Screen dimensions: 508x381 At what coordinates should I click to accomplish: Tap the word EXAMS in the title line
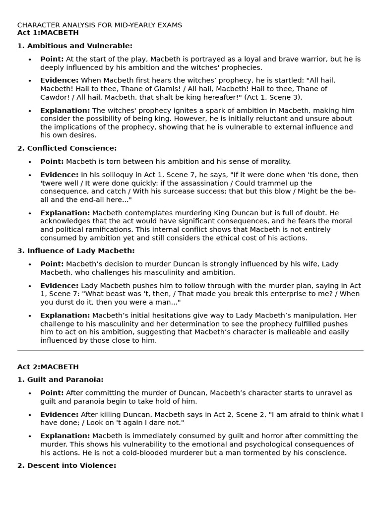[169, 25]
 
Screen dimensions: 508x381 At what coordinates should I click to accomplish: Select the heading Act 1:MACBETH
[48, 33]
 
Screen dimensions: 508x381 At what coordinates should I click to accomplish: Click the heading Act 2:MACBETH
[48, 367]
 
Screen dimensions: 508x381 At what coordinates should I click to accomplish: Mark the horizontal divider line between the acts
[190, 350]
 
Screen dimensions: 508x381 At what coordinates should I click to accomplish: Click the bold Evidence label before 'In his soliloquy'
[59, 175]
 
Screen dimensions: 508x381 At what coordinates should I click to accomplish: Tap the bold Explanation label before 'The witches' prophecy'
[65, 110]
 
